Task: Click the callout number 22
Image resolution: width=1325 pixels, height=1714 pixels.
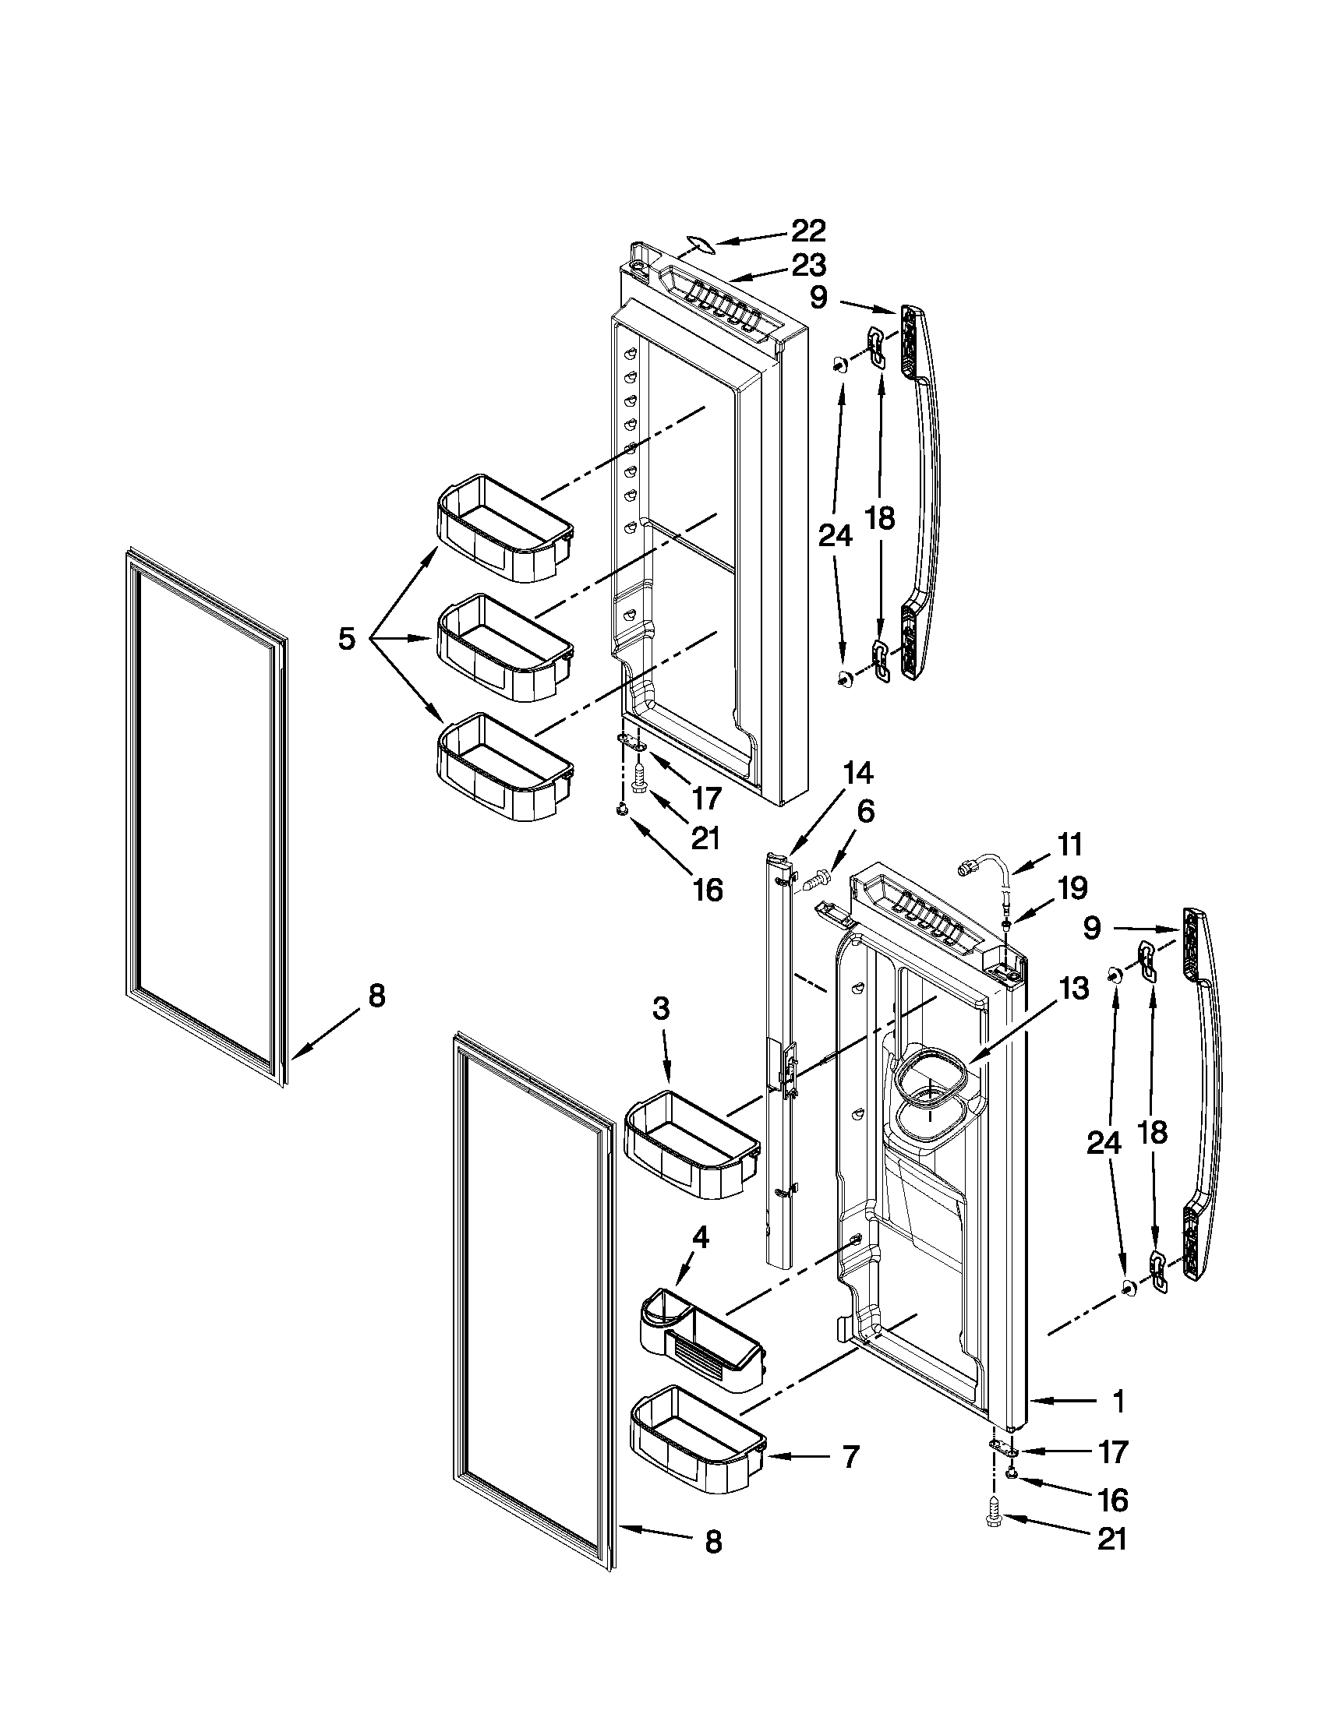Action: [x=807, y=231]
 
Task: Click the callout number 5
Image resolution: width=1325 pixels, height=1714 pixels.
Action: [x=346, y=638]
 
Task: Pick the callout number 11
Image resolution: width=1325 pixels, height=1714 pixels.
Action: [x=1070, y=846]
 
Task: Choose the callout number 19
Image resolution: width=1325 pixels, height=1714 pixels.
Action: [x=1072, y=888]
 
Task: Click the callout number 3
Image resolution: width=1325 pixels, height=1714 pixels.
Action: [x=661, y=1009]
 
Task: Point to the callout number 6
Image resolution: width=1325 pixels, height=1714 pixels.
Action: [x=864, y=812]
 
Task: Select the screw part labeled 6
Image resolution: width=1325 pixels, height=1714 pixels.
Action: [x=816, y=880]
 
